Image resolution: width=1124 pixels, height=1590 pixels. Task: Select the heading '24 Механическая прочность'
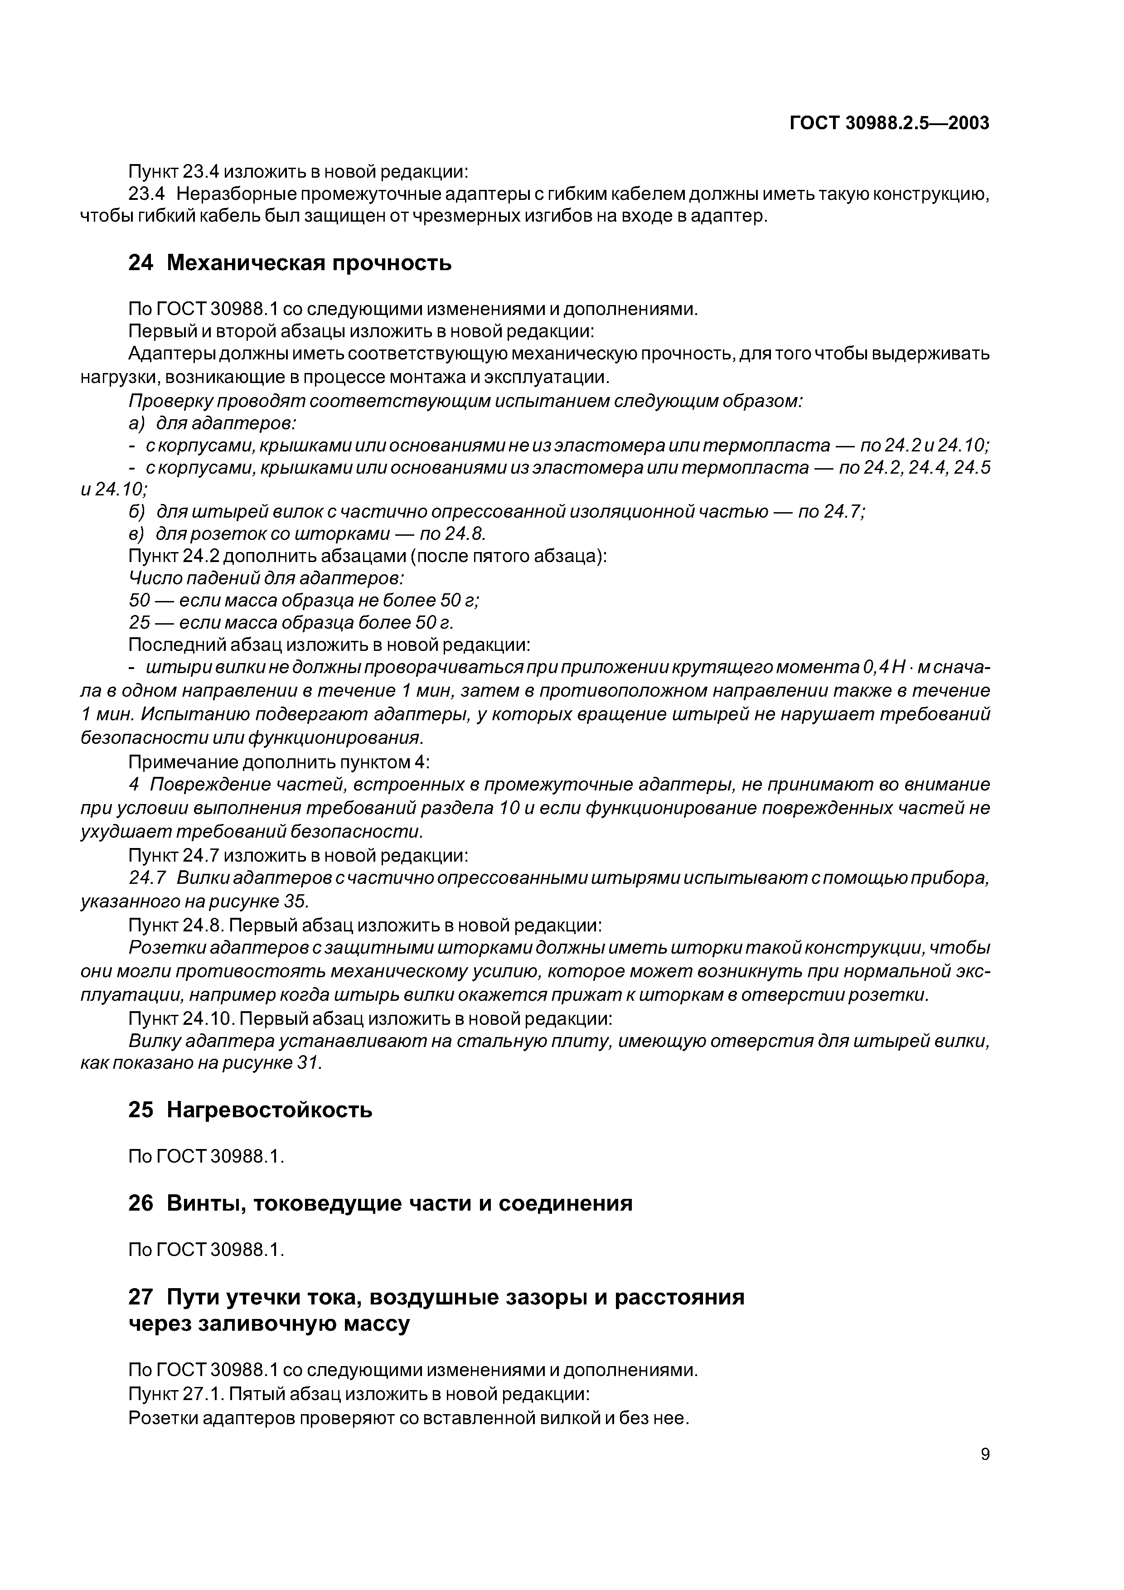click(x=290, y=263)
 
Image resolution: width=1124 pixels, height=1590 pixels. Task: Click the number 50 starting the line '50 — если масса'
click(x=140, y=601)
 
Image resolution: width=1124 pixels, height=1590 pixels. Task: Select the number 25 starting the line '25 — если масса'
click(x=140, y=623)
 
